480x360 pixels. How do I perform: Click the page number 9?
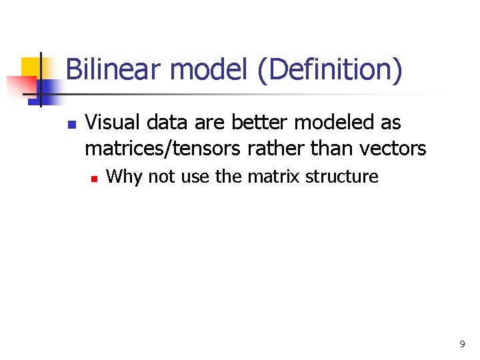462,344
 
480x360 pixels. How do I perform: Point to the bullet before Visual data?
73,125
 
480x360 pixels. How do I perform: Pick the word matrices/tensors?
163,147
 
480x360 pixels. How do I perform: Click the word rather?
274,147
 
